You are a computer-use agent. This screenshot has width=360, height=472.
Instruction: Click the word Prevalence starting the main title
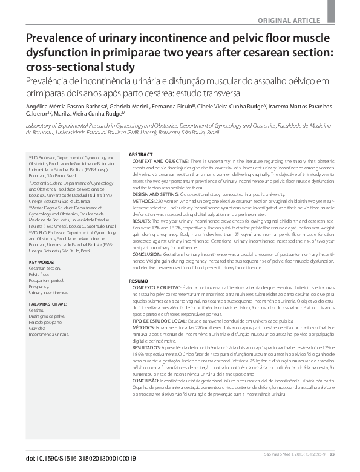tap(57, 39)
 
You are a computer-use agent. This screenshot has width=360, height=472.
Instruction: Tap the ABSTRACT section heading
tap(141, 155)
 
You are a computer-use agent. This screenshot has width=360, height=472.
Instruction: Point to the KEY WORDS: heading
tap(42, 262)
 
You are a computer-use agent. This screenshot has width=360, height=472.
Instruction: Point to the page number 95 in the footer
tap(349, 454)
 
